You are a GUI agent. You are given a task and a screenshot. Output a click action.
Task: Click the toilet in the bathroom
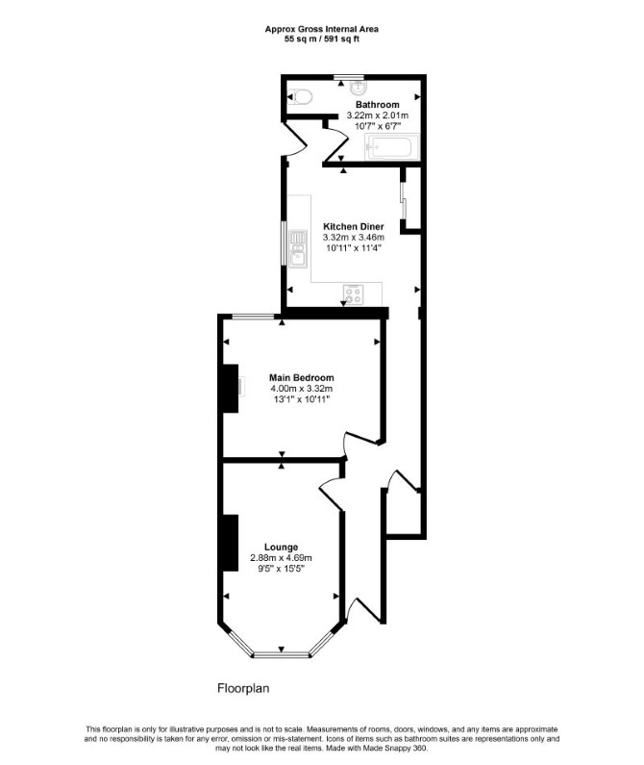[300, 97]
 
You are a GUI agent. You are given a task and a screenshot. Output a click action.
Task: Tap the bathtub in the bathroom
[392, 147]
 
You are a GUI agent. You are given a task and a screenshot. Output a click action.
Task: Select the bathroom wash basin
[358, 87]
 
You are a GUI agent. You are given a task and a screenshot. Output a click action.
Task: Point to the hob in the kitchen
[354, 293]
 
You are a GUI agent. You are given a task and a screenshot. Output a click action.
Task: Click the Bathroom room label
[378, 105]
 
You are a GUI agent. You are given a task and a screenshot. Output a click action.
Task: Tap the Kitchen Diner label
[354, 226]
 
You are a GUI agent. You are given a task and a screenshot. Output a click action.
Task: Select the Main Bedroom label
[301, 377]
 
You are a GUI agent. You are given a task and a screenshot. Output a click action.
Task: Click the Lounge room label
[281, 547]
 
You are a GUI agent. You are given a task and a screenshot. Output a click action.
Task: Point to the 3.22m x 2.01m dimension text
[378, 115]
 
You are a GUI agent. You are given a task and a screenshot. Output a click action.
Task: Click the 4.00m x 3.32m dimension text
[301, 389]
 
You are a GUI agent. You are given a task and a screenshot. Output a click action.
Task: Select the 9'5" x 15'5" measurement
[281, 569]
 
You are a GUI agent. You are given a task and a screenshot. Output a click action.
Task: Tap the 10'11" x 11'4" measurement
[354, 248]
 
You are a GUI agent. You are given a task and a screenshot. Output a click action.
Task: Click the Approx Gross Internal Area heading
[322, 29]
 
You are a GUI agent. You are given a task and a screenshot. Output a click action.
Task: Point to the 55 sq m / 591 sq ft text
[322, 39]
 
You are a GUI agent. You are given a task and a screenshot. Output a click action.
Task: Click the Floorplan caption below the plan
[243, 688]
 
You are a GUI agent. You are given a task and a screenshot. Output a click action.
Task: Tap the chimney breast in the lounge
[230, 543]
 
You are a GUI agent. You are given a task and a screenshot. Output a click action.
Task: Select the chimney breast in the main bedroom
[230, 389]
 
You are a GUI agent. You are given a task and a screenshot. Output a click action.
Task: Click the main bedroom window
[253, 318]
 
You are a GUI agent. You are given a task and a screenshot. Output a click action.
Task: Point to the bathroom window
[349, 77]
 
